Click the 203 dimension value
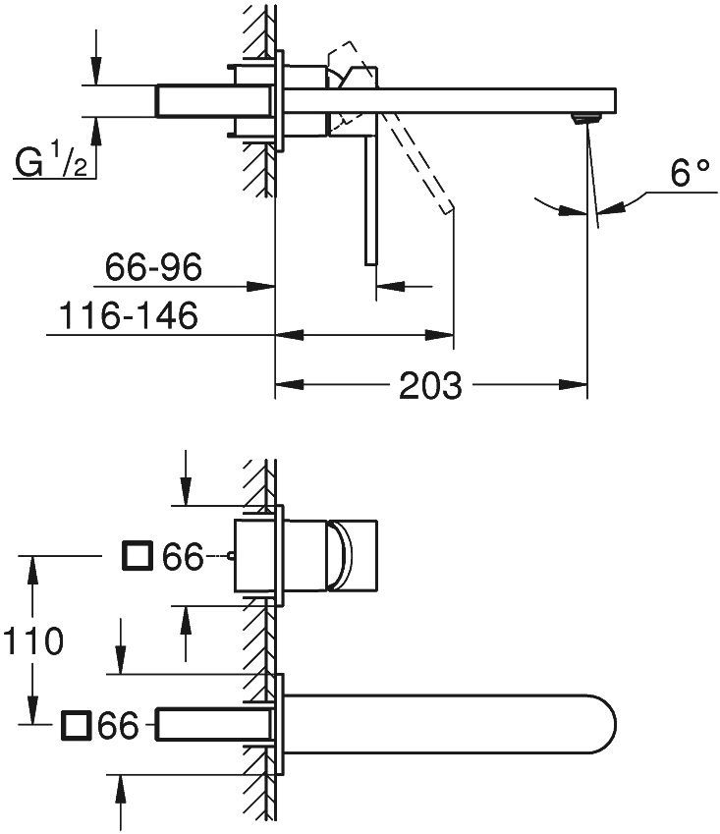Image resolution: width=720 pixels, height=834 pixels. [x=430, y=385]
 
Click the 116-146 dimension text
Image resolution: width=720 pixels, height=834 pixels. [x=129, y=316]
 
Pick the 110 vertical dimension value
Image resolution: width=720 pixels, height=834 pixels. [x=31, y=641]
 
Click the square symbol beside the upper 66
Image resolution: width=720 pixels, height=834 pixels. [x=136, y=557]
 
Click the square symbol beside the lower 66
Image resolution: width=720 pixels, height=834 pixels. [x=76, y=726]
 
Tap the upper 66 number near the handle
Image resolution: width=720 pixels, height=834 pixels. [x=182, y=557]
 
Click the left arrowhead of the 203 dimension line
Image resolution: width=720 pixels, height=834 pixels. [x=285, y=385]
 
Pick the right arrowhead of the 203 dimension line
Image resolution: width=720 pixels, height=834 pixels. [x=578, y=385]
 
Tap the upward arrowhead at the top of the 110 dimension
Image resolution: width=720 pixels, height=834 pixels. [x=33, y=565]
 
